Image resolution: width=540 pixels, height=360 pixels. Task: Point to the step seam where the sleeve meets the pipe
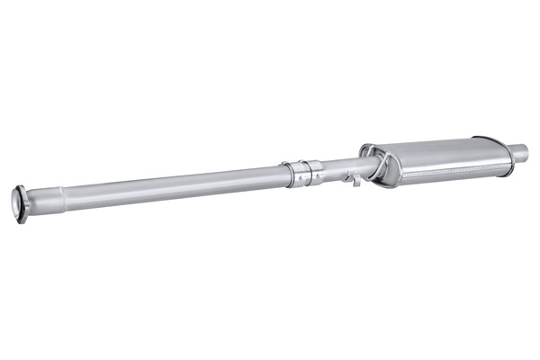point(62,193)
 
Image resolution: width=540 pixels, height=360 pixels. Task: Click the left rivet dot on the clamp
point(294,180)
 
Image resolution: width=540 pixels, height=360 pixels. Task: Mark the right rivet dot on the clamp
point(310,177)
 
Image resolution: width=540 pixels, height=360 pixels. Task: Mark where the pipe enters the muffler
point(364,164)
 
